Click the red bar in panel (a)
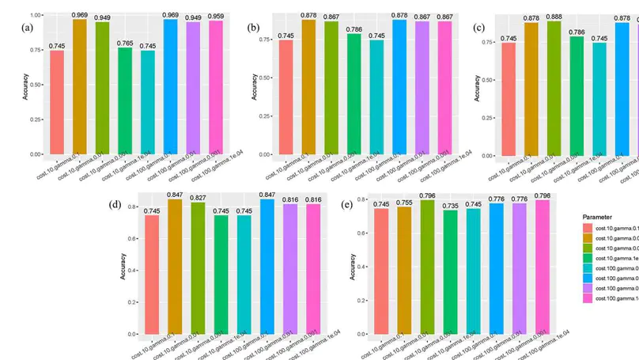pos(57,102)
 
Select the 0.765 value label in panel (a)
pos(125,43)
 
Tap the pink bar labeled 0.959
pos(216,87)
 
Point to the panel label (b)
pos(253,28)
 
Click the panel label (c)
pos(478,28)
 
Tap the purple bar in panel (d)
pos(290,269)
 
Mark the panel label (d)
pos(115,204)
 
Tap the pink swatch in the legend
pos(587,297)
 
